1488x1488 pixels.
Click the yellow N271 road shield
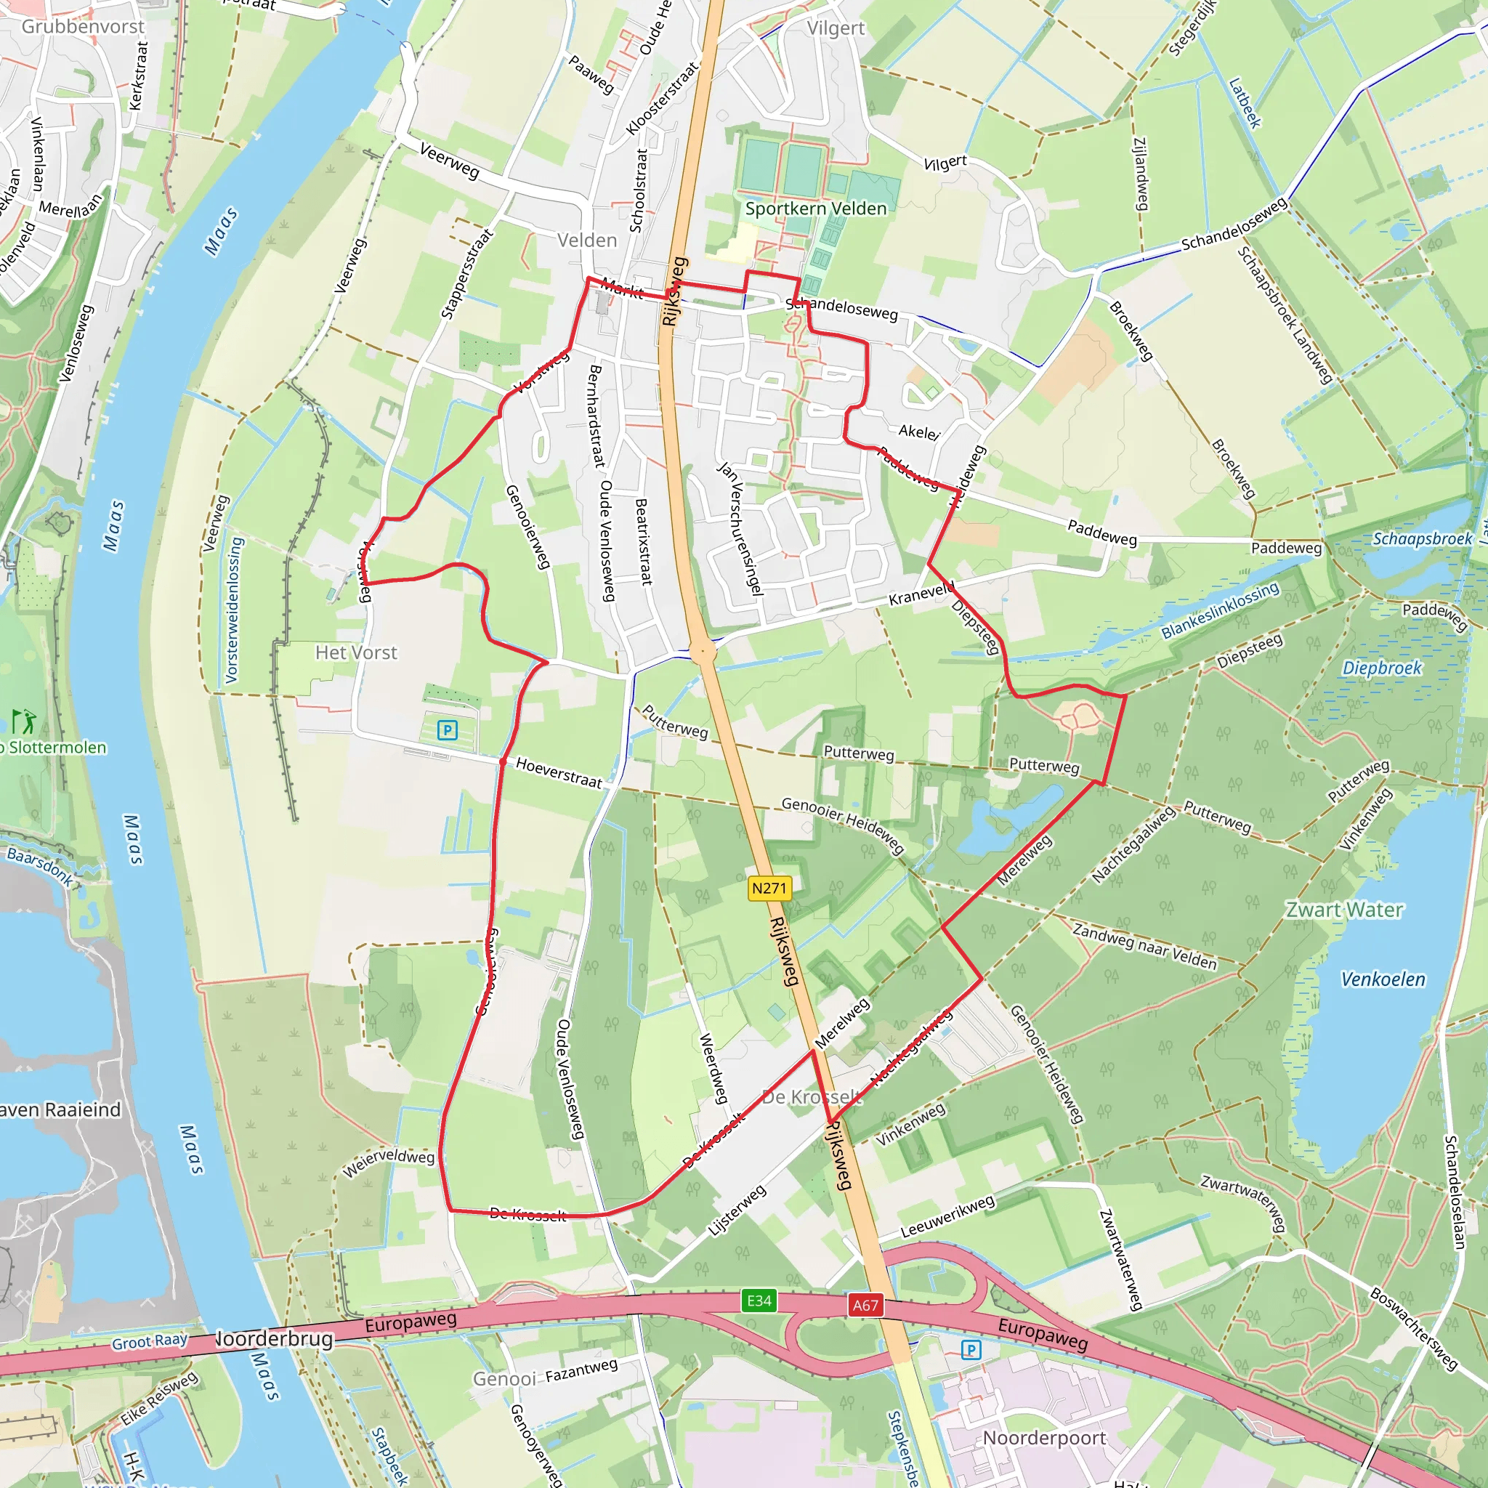(769, 888)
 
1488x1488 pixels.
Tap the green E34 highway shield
(759, 1300)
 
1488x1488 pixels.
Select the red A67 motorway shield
(865, 1305)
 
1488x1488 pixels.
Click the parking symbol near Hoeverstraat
(448, 729)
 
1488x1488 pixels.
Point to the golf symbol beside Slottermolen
(24, 721)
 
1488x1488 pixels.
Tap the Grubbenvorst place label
(82, 26)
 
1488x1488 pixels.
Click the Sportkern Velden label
(816, 209)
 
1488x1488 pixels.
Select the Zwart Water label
(1344, 910)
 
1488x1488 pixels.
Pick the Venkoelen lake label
(1383, 979)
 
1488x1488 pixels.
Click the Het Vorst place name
(356, 652)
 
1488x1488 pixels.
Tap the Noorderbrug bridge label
(273, 1338)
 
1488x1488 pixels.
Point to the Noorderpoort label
(1043, 1438)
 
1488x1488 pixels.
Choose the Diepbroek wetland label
(1382, 668)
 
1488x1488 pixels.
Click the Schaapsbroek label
(1422, 538)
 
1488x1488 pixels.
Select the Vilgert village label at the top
(836, 28)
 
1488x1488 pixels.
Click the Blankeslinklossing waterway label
(1220, 610)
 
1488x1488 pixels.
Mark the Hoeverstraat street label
(559, 772)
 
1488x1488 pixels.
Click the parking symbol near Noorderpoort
(971, 1349)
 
